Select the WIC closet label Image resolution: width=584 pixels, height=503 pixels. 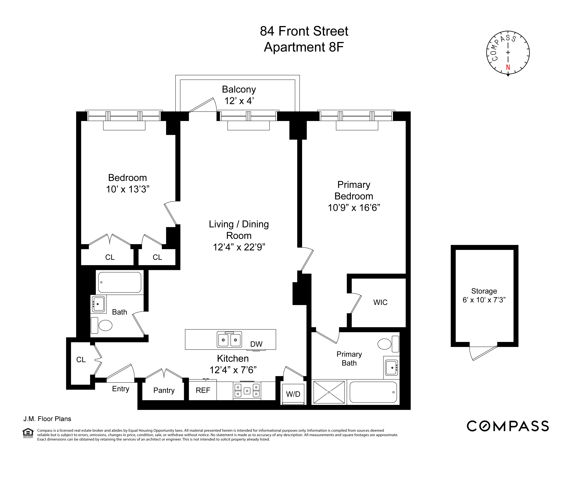coord(380,302)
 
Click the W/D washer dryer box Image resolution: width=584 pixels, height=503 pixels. coord(293,394)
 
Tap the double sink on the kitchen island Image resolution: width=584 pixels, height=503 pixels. coord(229,339)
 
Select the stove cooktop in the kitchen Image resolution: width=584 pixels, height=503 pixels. coord(247,390)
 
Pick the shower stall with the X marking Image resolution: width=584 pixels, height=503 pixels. coord(329,392)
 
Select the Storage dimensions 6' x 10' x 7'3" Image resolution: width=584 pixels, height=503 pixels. coord(484,300)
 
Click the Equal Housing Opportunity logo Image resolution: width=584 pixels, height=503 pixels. coord(28,433)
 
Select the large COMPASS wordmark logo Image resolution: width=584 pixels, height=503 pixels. coord(508,426)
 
